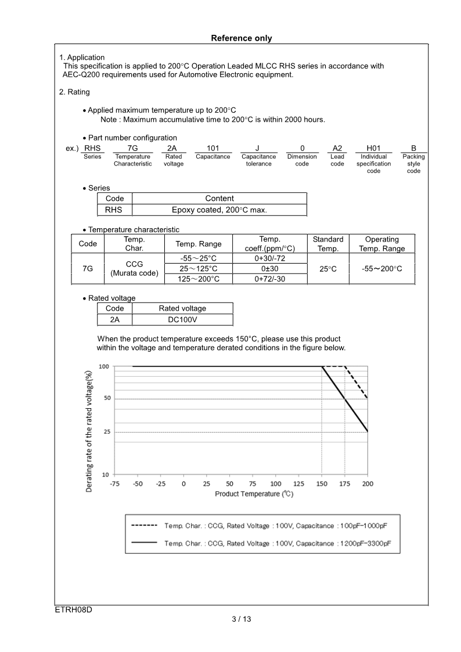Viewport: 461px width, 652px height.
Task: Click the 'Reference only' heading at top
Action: (x=241, y=38)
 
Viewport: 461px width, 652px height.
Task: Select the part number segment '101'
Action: (x=213, y=148)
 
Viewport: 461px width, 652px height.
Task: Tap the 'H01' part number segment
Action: (x=373, y=148)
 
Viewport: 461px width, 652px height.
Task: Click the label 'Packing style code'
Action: (x=413, y=164)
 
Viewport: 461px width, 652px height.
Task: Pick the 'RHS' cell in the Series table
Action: (x=114, y=210)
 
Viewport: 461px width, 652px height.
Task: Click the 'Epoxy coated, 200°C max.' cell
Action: (x=219, y=210)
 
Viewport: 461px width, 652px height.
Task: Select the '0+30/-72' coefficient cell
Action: (x=269, y=258)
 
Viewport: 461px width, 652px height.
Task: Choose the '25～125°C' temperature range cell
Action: (x=198, y=269)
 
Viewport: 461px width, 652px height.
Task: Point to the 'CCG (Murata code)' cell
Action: (x=134, y=268)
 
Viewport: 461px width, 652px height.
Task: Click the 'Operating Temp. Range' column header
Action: (x=381, y=244)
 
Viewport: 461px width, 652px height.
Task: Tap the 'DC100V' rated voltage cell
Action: (x=182, y=320)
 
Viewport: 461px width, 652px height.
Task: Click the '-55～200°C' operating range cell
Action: (x=381, y=269)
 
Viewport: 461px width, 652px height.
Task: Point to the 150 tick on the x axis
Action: (x=322, y=484)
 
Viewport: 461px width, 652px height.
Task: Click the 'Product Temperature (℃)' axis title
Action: (x=254, y=494)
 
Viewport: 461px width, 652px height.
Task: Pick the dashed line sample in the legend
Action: (x=145, y=525)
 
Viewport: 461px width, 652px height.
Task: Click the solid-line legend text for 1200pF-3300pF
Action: (x=277, y=543)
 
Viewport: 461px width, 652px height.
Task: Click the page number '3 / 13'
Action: (x=241, y=619)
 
